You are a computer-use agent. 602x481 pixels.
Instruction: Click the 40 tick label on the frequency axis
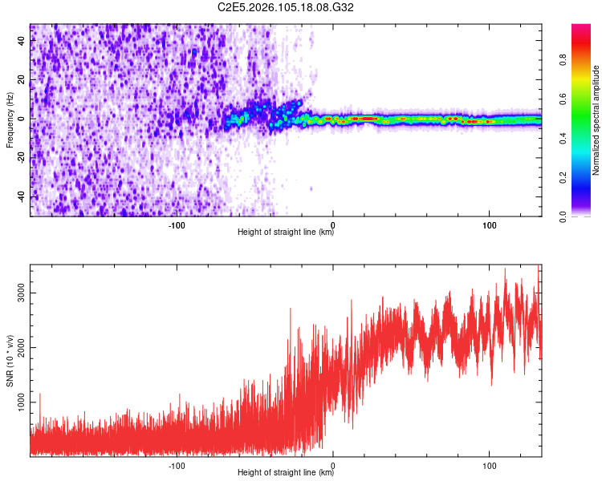pyautogui.click(x=22, y=41)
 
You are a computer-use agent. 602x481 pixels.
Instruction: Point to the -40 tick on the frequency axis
pyautogui.click(x=22, y=197)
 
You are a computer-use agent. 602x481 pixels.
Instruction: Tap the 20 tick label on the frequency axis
pyautogui.click(x=22, y=80)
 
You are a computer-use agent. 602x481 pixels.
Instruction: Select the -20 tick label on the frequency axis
pyautogui.click(x=22, y=158)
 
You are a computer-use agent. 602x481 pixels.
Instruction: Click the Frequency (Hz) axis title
pyautogui.click(x=10, y=120)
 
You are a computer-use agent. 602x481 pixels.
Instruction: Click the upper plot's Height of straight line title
pyautogui.click(x=286, y=232)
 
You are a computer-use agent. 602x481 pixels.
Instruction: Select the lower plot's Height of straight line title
pyautogui.click(x=286, y=472)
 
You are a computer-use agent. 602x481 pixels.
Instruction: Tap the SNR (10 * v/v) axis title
pyautogui.click(x=10, y=361)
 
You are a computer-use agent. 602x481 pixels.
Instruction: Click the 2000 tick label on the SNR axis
pyautogui.click(x=22, y=348)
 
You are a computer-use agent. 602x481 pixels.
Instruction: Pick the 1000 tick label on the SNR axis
pyautogui.click(x=22, y=402)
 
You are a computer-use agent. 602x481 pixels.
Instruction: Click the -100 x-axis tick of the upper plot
pyautogui.click(x=177, y=224)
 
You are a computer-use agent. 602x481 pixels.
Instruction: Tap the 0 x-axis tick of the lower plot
pyautogui.click(x=333, y=464)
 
